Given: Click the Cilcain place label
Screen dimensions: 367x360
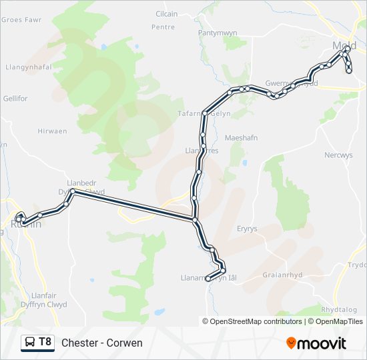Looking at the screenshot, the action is coord(167,14).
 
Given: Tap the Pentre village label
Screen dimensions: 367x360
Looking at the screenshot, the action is coord(163,27).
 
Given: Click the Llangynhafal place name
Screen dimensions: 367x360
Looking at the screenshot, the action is coord(28,67).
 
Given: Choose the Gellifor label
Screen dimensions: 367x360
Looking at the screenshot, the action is coord(15,99).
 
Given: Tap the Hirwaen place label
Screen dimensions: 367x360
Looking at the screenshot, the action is coord(53,131).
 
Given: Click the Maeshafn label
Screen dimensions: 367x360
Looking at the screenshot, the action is coord(242,137).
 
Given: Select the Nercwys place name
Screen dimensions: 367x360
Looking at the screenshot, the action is coord(338,155).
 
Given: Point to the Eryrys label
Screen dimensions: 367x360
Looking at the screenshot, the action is coord(247,229).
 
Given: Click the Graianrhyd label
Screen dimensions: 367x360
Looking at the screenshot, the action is coord(283,274).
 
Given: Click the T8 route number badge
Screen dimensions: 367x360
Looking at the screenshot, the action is coord(45,342).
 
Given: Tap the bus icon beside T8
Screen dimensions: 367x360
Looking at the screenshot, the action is coord(30,343).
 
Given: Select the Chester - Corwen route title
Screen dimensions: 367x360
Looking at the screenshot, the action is coord(102,343).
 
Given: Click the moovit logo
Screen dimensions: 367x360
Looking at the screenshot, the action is coord(316,343).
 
